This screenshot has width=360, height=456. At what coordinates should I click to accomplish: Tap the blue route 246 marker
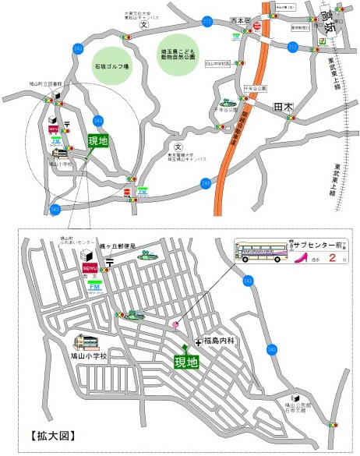click(x=204, y=184)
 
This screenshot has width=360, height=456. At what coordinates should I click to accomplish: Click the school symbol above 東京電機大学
click(x=178, y=147)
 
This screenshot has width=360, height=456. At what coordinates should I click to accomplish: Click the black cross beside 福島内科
click(x=198, y=342)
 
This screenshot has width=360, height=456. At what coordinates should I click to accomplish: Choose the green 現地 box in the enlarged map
click(x=186, y=362)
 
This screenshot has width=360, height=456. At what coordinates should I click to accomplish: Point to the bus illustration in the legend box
click(x=261, y=252)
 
